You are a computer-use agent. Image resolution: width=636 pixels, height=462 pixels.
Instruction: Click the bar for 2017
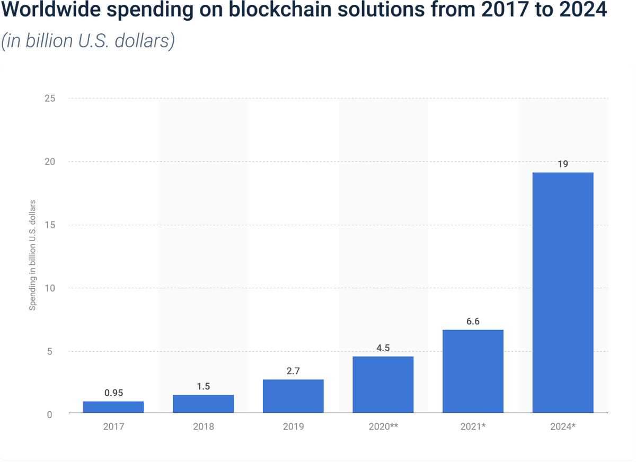coord(113,407)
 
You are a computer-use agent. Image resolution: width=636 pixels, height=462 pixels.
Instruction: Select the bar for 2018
coord(203,404)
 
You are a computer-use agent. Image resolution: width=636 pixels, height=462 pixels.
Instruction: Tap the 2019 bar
coord(293,396)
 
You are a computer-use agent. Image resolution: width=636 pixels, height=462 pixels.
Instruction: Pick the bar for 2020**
coord(383,385)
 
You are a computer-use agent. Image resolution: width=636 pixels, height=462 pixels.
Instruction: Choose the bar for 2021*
coord(473,371)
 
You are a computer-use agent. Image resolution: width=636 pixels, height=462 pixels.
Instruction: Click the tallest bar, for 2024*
coord(563,292)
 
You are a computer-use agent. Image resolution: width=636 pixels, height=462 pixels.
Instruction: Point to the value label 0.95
coord(113,393)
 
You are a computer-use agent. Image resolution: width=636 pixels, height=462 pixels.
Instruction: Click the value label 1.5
coord(203,386)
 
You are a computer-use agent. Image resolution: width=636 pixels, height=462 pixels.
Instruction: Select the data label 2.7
coord(293,371)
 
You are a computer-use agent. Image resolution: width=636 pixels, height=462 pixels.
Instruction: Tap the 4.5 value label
coord(383,348)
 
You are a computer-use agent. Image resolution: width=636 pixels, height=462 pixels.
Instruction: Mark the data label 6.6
coord(473,322)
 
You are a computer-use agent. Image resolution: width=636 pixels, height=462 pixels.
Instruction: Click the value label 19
coord(563,164)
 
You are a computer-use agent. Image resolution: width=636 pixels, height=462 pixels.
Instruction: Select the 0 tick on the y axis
coord(49,414)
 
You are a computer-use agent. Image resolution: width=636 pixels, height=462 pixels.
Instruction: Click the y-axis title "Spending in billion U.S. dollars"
coord(32,255)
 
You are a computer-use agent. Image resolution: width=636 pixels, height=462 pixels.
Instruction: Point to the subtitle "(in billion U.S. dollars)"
coord(88,41)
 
